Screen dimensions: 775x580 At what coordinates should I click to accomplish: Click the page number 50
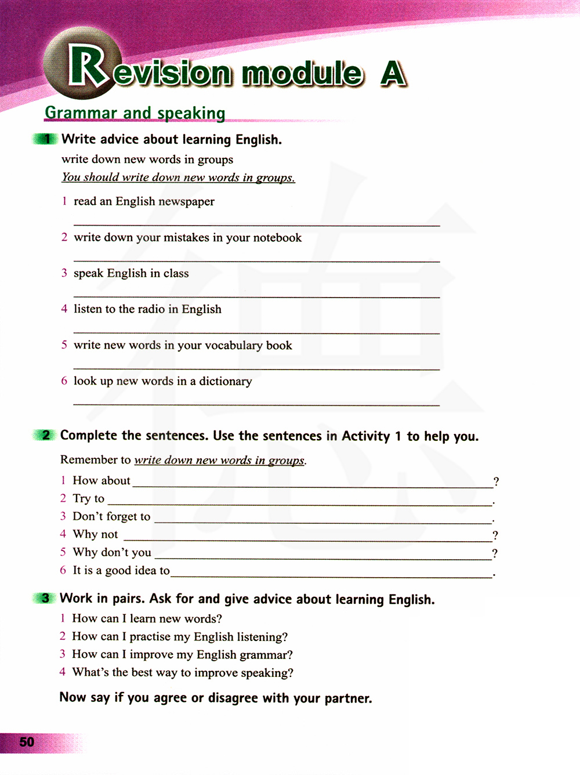click(27, 742)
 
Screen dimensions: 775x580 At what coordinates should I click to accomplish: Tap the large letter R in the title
click(87, 66)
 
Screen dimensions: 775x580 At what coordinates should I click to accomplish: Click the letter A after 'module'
click(393, 74)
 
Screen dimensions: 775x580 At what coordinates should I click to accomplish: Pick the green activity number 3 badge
click(45, 599)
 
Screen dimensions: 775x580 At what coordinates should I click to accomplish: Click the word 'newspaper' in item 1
click(187, 202)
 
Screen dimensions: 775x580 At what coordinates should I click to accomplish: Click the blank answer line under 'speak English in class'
click(256, 297)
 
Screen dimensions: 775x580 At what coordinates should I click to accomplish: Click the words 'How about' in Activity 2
click(101, 481)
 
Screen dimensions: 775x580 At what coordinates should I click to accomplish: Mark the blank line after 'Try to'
click(299, 505)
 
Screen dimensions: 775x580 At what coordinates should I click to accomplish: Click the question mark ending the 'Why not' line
click(495, 535)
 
